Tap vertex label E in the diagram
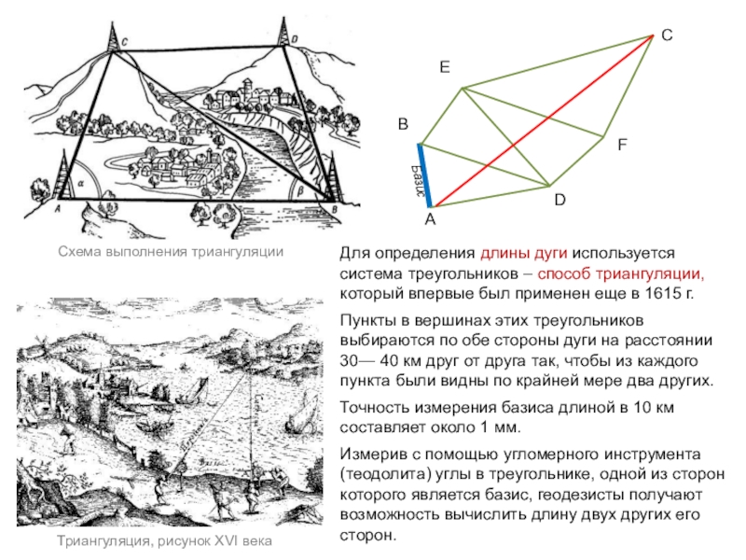445,68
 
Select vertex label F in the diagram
621,146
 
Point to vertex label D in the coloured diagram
559,201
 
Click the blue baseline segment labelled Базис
424,175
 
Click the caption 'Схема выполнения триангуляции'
170,252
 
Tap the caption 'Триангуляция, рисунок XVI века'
170,542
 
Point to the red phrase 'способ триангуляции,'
621,273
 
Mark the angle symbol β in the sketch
299,187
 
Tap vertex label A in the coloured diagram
430,220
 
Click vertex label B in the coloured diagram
403,124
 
